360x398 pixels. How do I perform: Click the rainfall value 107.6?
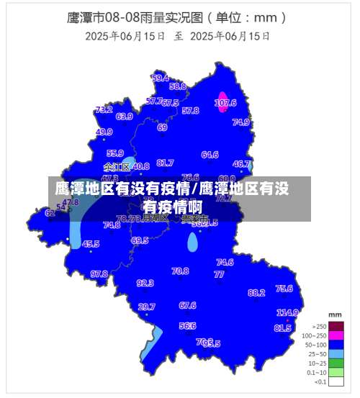[x=225, y=103]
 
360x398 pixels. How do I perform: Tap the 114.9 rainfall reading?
[x=287, y=312]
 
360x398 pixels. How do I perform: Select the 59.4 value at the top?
[x=160, y=78]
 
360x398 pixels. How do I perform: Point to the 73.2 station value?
[x=104, y=110]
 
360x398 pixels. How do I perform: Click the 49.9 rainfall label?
[x=104, y=132]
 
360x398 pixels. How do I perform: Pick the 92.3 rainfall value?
[x=145, y=283]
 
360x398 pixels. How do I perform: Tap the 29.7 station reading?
[x=146, y=307]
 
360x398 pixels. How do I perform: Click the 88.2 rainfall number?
[x=256, y=293]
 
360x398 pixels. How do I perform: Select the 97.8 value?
[x=99, y=273]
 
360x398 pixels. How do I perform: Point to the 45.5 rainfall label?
[x=91, y=244]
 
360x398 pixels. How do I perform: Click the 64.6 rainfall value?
[x=210, y=154]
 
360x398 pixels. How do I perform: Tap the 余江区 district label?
[x=116, y=167]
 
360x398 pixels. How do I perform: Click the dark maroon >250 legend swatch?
[x=335, y=325]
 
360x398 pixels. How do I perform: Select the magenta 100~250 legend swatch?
[x=335, y=335]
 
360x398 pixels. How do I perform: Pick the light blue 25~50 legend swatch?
[x=335, y=353]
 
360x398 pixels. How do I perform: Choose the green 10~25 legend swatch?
[x=335, y=363]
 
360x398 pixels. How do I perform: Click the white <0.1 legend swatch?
[x=335, y=381]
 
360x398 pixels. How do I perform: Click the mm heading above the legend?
[x=335, y=315]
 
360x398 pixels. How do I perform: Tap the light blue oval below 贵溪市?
[x=192, y=242]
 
